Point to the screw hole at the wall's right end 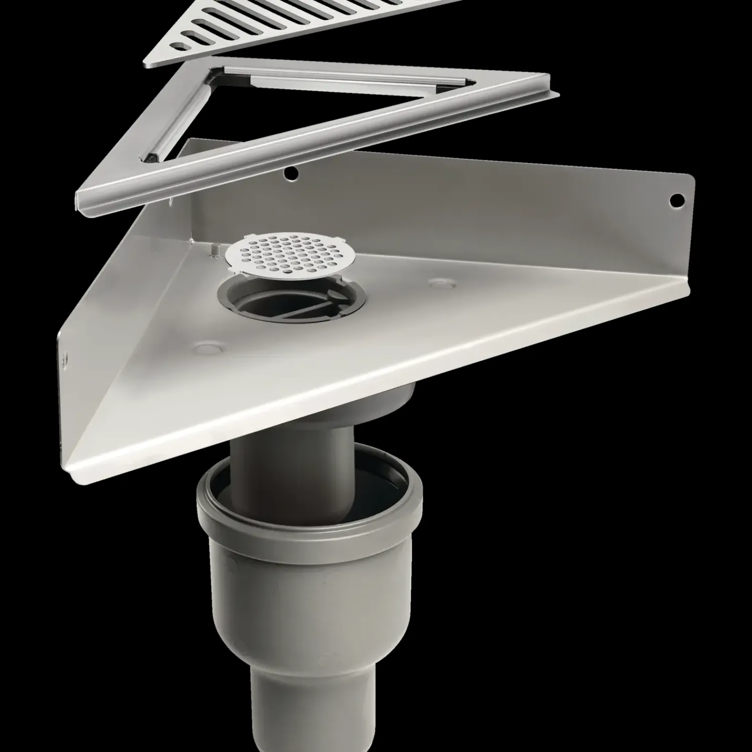click(x=677, y=200)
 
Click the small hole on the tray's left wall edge click(x=65, y=356)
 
